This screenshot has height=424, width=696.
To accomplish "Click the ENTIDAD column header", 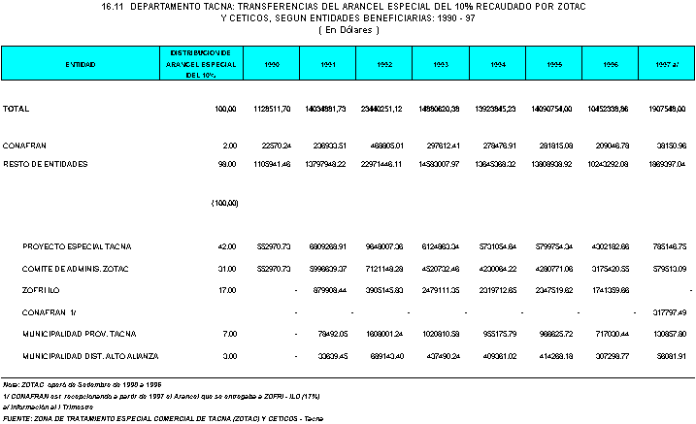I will pos(81,63).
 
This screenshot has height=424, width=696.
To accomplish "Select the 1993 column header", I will pos(441,63).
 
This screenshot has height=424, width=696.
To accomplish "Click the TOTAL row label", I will pos(17,109).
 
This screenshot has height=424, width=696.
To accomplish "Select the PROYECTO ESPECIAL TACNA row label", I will pos(77,247).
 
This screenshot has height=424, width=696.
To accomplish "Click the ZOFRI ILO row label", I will pos(42,290).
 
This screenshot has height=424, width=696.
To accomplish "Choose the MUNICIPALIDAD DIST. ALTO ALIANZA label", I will pos(90,356).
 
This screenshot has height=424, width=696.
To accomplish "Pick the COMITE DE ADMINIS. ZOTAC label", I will pos(76,269).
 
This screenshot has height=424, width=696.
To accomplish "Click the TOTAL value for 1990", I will pos(272,109).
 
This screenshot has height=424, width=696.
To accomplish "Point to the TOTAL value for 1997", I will pos(666,109).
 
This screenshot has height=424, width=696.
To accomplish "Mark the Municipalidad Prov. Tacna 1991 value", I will pos(330,334).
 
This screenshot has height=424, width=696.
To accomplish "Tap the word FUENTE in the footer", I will pos(17,418).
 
